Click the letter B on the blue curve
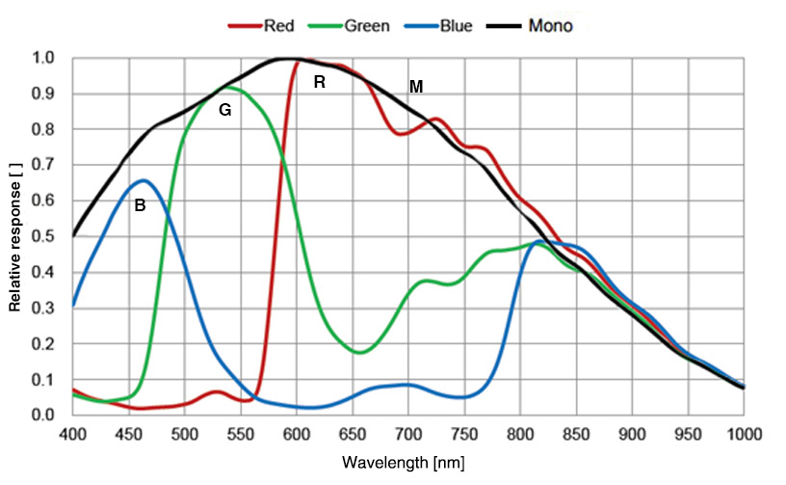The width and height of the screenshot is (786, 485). [x=140, y=204]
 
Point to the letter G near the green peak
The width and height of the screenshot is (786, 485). [x=224, y=110]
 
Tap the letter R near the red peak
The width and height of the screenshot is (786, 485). [x=319, y=83]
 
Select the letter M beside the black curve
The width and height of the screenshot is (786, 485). [x=415, y=87]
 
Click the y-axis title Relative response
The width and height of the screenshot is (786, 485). [x=15, y=236]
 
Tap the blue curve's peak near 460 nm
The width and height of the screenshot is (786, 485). [x=144, y=180]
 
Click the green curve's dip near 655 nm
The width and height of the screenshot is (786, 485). [x=359, y=352]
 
